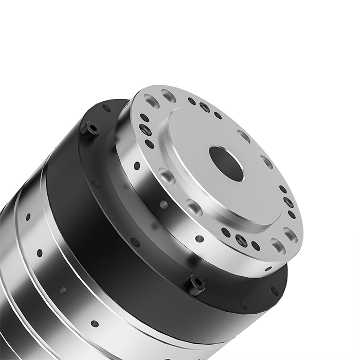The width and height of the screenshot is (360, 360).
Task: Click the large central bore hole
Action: (226, 164)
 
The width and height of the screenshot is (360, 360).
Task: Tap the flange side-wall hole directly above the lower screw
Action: (200, 239)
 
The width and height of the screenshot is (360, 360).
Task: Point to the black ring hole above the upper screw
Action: (106, 109)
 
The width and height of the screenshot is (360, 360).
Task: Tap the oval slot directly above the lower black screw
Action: (194, 207)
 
